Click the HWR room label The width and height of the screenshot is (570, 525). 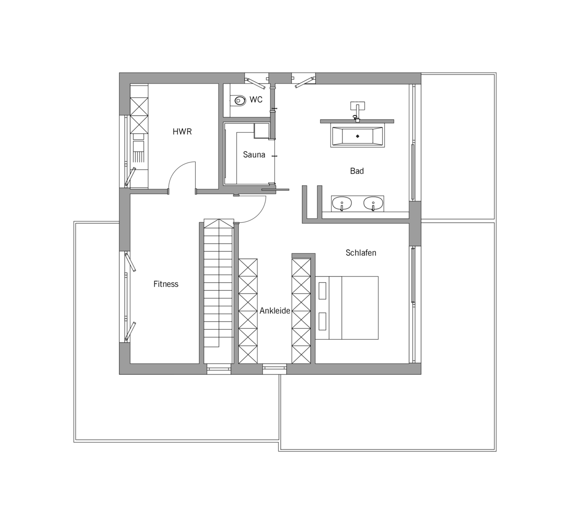(182, 132)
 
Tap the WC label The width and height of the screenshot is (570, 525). (256, 99)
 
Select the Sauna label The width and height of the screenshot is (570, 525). (254, 154)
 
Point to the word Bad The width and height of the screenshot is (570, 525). (357, 171)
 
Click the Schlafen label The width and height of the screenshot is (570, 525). (361, 253)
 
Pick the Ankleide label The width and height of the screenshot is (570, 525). (275, 311)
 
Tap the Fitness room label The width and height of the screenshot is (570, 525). (166, 284)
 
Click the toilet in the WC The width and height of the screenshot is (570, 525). (238, 100)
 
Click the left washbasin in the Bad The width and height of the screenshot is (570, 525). (342, 203)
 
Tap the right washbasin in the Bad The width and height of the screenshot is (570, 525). (373, 203)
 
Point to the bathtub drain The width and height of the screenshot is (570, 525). (358, 136)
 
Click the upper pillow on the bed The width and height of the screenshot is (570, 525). (322, 290)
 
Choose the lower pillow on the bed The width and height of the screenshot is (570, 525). (322, 322)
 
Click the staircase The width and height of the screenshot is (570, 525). (218, 291)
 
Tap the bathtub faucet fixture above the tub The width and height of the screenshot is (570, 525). (358, 112)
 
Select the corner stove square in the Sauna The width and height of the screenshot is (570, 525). (261, 131)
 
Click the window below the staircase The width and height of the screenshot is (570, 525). (219, 369)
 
